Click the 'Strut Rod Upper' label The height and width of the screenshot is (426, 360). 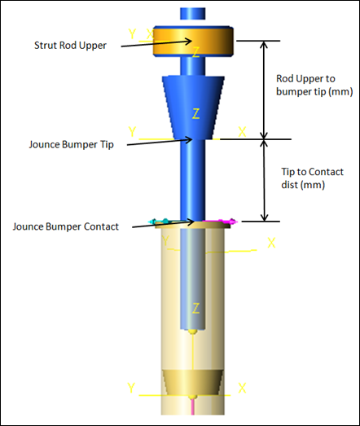coord(70,46)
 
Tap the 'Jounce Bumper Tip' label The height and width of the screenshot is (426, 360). coord(71,144)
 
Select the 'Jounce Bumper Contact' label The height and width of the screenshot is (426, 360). coord(66,226)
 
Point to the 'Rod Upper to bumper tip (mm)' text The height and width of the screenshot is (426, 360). coord(314,85)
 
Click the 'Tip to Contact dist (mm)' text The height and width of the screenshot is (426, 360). coord(312,178)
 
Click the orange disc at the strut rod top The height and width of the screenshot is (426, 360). coord(193,42)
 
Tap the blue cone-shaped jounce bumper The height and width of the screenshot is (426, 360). coord(193,108)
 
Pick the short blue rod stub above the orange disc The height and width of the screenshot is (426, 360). coord(193,14)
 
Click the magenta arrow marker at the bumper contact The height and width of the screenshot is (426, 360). coord(221,222)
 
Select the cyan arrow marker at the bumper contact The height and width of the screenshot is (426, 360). coord(161,222)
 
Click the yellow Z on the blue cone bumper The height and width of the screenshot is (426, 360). coord(195,113)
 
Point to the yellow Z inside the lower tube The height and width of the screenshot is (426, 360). coord(195,308)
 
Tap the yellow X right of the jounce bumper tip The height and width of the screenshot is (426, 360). coord(242,132)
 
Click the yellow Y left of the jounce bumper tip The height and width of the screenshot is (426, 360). coord(132,132)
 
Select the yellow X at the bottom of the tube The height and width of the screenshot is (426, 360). coord(242,389)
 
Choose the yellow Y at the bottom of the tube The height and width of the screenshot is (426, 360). coord(131,388)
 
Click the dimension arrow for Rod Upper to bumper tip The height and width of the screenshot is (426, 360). coord(264,90)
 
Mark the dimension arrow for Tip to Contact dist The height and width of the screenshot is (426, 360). coord(264,180)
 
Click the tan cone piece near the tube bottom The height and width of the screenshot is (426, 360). coord(193,382)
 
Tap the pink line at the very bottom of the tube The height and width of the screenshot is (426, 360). coord(193,407)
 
